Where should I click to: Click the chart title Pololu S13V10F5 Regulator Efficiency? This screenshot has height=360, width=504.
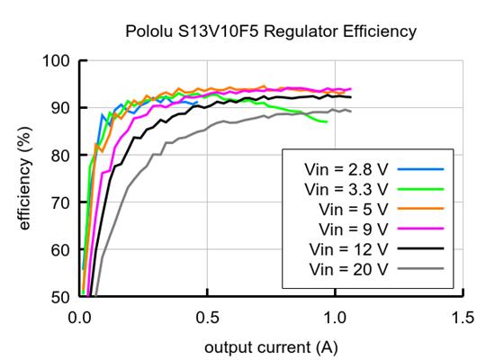click(x=271, y=32)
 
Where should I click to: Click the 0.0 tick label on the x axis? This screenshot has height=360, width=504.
click(x=80, y=317)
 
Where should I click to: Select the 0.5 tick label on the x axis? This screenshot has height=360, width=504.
click(x=208, y=317)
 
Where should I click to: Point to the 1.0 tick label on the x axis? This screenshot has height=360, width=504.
click(x=335, y=317)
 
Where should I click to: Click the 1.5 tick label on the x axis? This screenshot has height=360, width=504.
click(x=463, y=317)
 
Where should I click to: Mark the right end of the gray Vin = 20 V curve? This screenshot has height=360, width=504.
click(x=351, y=111)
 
